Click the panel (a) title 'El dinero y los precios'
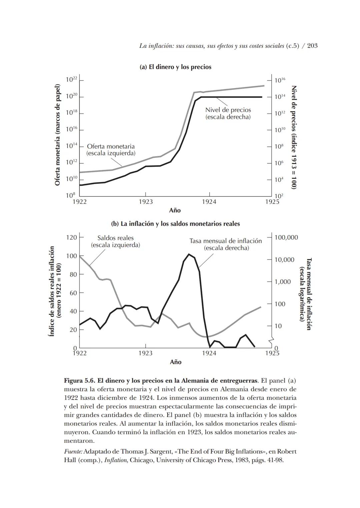pos(175,67)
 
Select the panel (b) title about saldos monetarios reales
pos(175,224)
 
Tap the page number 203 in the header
pos(312,46)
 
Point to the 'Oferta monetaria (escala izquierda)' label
pos(111,150)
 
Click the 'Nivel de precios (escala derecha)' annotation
pos(228,113)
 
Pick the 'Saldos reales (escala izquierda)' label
pos(115,241)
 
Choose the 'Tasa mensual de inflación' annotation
pos(226,244)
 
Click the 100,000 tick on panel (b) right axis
pos(286,237)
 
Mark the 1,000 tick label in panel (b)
pos(282,282)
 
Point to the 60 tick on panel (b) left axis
pos(73,293)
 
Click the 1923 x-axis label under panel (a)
pos(146,202)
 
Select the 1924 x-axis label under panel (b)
pos(209,353)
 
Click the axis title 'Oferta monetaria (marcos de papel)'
pos(58,135)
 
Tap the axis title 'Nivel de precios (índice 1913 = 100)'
pos(294,137)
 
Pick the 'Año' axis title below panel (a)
pos(175,210)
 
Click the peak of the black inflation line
pos(189,254)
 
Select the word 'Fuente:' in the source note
pos(73,452)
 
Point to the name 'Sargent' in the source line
pos(163,452)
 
